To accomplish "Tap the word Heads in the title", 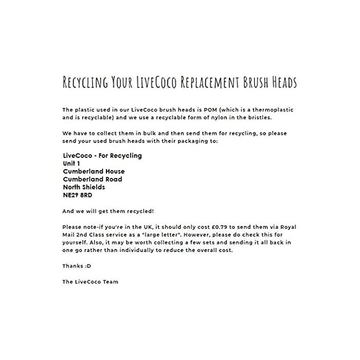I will (x=280, y=82).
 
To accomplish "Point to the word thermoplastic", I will (x=275, y=110).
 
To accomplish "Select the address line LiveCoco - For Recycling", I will (x=102, y=155).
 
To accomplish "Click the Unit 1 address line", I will (x=71, y=163).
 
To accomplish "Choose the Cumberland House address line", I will (x=93, y=171).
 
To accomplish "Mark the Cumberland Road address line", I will (x=92, y=179).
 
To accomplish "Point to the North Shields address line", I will (x=84, y=187).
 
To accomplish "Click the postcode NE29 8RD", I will (x=78, y=195).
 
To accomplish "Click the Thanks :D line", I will (x=73, y=266).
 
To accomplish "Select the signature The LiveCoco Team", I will (x=90, y=281).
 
